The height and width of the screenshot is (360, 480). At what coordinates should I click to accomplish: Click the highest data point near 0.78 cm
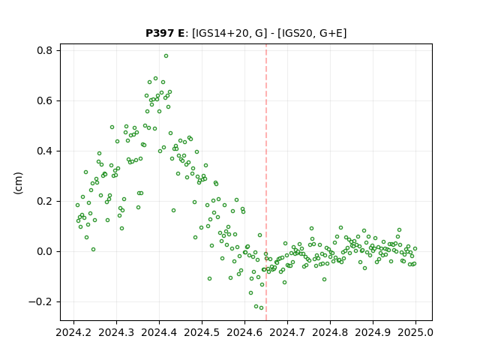coord(166,56)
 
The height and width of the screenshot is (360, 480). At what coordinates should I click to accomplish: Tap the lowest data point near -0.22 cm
coord(261,308)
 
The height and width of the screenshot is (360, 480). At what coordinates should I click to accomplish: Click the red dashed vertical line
coord(266,182)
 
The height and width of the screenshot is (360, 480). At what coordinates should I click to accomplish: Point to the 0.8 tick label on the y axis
coord(44,50)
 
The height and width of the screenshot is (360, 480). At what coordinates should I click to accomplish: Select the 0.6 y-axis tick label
coord(44,100)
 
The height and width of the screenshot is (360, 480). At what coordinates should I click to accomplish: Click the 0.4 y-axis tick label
coord(44,151)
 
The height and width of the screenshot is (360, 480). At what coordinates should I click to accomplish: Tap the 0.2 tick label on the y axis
coord(44,202)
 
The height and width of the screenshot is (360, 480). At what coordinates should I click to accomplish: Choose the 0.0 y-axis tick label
coord(44,252)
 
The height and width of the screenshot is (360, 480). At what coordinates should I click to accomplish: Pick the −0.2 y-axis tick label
coord(40,301)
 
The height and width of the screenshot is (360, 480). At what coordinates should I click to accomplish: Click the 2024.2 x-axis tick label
coord(73,333)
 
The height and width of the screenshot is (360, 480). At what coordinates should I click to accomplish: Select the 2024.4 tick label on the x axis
coord(159,333)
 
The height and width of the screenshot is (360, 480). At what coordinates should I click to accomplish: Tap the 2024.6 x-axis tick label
coord(244,333)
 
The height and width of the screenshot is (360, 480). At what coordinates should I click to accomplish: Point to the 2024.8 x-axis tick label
coord(330,333)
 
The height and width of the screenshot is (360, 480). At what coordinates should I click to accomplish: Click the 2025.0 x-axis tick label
coord(415,333)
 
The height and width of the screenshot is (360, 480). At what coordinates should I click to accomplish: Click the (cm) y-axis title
coord(18,183)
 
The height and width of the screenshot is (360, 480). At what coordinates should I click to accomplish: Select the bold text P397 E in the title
coord(165,33)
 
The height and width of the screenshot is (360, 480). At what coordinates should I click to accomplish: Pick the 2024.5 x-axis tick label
coord(202,333)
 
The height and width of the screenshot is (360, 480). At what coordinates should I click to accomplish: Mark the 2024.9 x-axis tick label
coord(373,333)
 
